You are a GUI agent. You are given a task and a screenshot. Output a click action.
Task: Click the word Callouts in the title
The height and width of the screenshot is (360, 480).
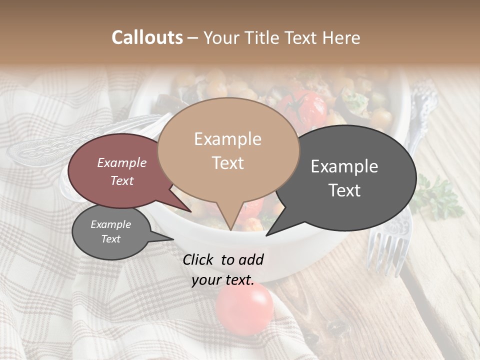(147, 38)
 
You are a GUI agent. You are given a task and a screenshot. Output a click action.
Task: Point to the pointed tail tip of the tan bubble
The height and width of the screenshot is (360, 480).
(230, 229)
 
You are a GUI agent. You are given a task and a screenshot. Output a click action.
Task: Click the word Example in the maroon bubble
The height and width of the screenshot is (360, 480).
(121, 163)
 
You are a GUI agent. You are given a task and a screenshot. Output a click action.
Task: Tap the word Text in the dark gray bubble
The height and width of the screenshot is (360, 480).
(344, 190)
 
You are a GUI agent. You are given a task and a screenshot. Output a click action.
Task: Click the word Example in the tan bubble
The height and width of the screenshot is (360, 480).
(227, 139)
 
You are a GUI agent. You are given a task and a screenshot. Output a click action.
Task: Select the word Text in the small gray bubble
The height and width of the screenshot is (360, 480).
(110, 239)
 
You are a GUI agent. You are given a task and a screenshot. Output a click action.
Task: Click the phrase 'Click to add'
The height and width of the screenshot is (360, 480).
(223, 259)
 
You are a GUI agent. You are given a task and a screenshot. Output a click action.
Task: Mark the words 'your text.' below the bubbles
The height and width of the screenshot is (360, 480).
(222, 280)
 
